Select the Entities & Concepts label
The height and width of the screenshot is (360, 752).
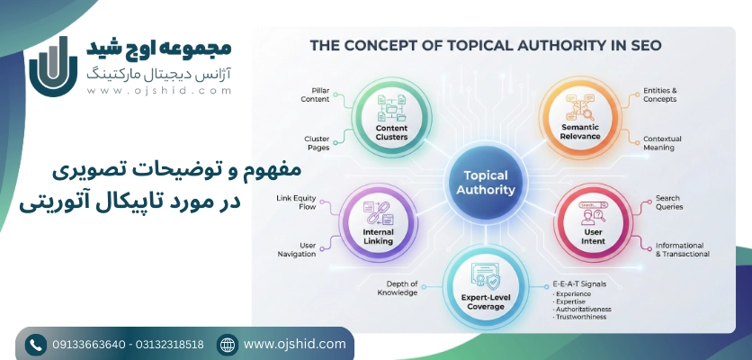tap(661, 95)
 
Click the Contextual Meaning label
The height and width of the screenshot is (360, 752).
tap(662, 143)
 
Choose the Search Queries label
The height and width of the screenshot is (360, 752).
tap(668, 202)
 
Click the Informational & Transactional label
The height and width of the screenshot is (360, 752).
tap(682, 249)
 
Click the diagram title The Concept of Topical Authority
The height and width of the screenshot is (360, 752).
tap(486, 45)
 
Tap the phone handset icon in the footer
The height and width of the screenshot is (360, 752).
tap(36, 344)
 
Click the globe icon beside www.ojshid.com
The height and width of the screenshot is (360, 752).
tap(228, 344)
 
